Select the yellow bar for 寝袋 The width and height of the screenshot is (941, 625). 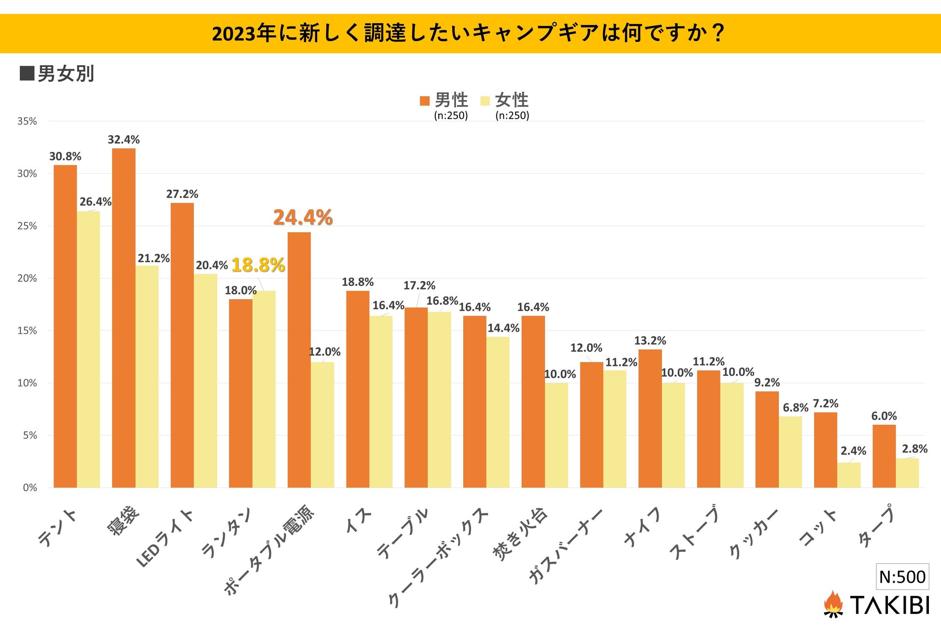tap(147, 376)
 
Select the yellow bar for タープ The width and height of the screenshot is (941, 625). tap(907, 473)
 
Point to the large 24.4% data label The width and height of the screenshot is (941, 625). tap(303, 218)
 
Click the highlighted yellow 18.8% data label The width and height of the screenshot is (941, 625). tap(258, 265)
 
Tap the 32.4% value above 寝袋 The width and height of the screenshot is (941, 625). tap(124, 139)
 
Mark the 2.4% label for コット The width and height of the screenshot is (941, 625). tap(853, 451)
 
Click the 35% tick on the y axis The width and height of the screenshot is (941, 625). tap(27, 121)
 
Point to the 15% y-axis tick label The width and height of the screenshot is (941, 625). tap(27, 331)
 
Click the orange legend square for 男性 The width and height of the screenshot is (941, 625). tap(425, 100)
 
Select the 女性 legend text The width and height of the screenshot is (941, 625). tap(512, 100)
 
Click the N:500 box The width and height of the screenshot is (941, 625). tap(902, 576)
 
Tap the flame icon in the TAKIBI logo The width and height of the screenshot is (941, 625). tap(833, 604)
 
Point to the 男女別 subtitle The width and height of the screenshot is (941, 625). tap(65, 74)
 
